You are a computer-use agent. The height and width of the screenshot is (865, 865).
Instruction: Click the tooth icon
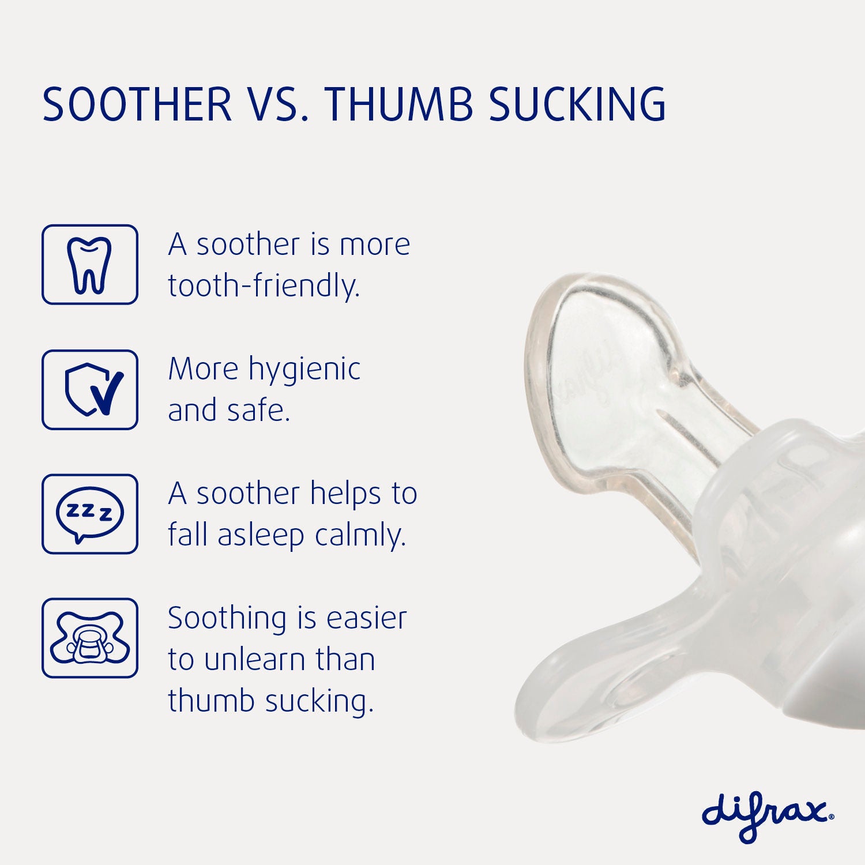(89, 265)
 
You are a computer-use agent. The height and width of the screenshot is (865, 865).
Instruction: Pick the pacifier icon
(89, 638)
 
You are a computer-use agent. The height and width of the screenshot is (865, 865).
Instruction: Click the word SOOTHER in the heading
(137, 104)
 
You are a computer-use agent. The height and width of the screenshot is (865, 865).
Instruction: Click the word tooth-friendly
(264, 285)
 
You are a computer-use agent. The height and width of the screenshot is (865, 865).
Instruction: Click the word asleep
(261, 536)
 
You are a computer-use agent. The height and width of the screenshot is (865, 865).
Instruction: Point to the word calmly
(360, 536)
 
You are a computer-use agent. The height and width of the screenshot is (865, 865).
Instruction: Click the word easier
(367, 619)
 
